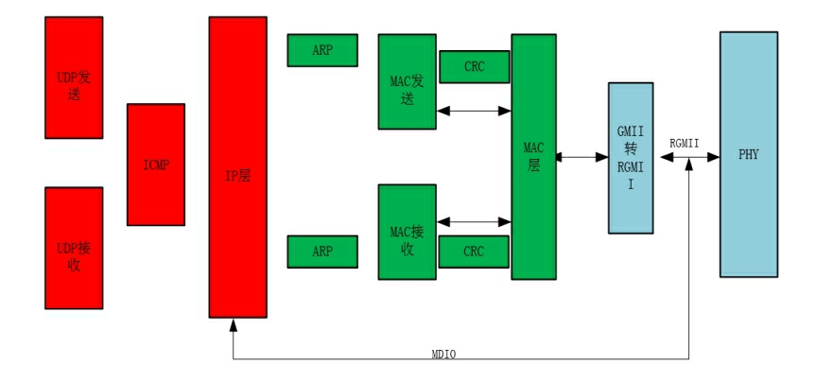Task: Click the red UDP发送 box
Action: point(74,77)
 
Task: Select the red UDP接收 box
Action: point(74,248)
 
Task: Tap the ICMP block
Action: point(156,165)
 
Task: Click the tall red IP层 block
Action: point(237,166)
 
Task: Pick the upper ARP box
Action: point(322,50)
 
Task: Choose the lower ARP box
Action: point(322,252)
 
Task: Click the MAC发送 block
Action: point(407,81)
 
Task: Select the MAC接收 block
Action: point(407,232)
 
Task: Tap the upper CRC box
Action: point(475,66)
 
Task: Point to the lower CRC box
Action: point(475,252)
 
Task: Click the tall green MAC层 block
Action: point(533,156)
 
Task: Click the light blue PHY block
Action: point(748,154)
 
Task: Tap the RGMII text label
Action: point(685,142)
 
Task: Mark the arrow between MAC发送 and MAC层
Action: point(474,111)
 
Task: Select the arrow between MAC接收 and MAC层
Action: point(474,223)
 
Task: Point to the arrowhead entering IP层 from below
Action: point(234,324)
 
